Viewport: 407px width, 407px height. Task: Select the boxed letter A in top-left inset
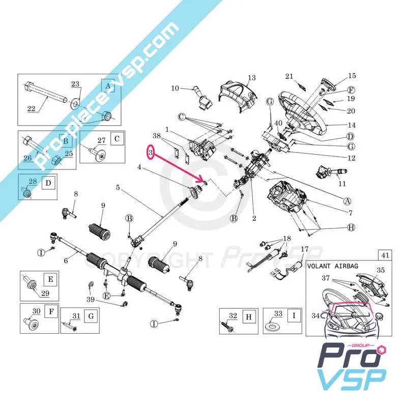pyautogui.click(x=107, y=87)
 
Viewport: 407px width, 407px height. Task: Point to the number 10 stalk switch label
pyautogui.click(x=175, y=88)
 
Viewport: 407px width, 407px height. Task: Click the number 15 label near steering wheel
pyautogui.click(x=352, y=76)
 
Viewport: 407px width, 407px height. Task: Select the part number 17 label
pyautogui.click(x=305, y=249)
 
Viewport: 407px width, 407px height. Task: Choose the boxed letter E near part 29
pyautogui.click(x=50, y=279)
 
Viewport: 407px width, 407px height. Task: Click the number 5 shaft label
pyautogui.click(x=118, y=187)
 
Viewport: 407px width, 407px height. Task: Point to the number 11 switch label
pyautogui.click(x=342, y=184)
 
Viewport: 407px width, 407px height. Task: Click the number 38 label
pyautogui.click(x=156, y=136)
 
